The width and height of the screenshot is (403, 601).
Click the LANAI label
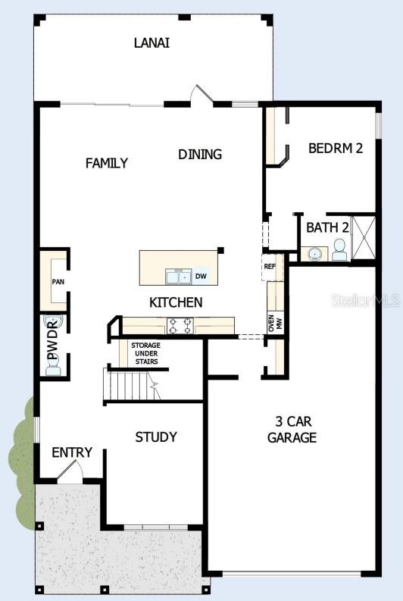[x=152, y=42]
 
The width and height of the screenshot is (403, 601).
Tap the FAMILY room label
[x=107, y=163]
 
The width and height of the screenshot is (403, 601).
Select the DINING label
[x=200, y=154]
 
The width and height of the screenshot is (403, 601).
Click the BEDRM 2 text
[x=336, y=148]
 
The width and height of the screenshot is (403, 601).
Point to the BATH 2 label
[x=327, y=227]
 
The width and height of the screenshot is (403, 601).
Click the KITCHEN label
[x=176, y=302]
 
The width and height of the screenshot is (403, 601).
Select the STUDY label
[x=156, y=437]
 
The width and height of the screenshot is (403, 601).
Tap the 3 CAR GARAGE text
[x=292, y=429]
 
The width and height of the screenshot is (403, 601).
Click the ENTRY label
[x=72, y=452]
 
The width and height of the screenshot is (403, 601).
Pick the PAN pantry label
[x=58, y=282]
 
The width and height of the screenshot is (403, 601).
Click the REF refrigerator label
[x=269, y=266]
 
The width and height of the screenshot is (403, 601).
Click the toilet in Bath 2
[x=339, y=249]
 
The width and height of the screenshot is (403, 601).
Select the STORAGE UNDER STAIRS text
[x=145, y=354]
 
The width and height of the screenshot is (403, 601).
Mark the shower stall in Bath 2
[x=364, y=237]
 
